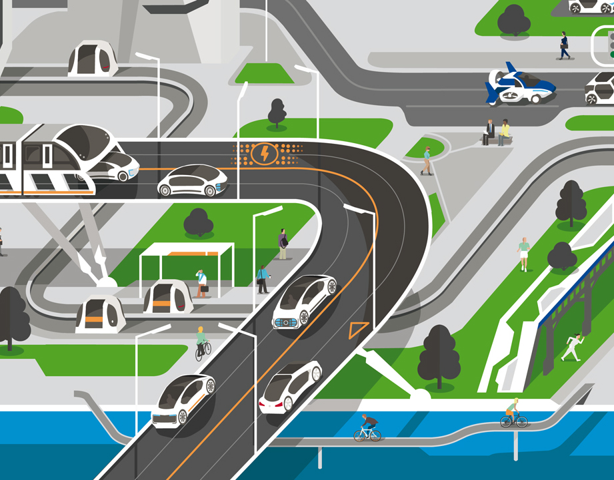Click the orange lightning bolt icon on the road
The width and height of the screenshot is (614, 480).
tap(265, 154)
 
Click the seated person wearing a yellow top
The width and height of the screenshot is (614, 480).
tap(505, 132)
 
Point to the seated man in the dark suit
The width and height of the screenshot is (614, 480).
tap(490, 132)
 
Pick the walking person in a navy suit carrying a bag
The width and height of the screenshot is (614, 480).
tap(565, 45)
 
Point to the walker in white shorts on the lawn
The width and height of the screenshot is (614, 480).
tap(524, 253)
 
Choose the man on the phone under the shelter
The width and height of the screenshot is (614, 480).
tap(201, 283)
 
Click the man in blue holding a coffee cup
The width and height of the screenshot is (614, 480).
tap(263, 279)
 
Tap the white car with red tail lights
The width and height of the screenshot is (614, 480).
tap(290, 387)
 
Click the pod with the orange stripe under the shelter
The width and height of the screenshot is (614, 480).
tap(167, 298)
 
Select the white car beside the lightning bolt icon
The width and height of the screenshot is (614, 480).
tap(193, 180)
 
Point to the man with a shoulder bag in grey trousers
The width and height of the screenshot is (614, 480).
tap(283, 244)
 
